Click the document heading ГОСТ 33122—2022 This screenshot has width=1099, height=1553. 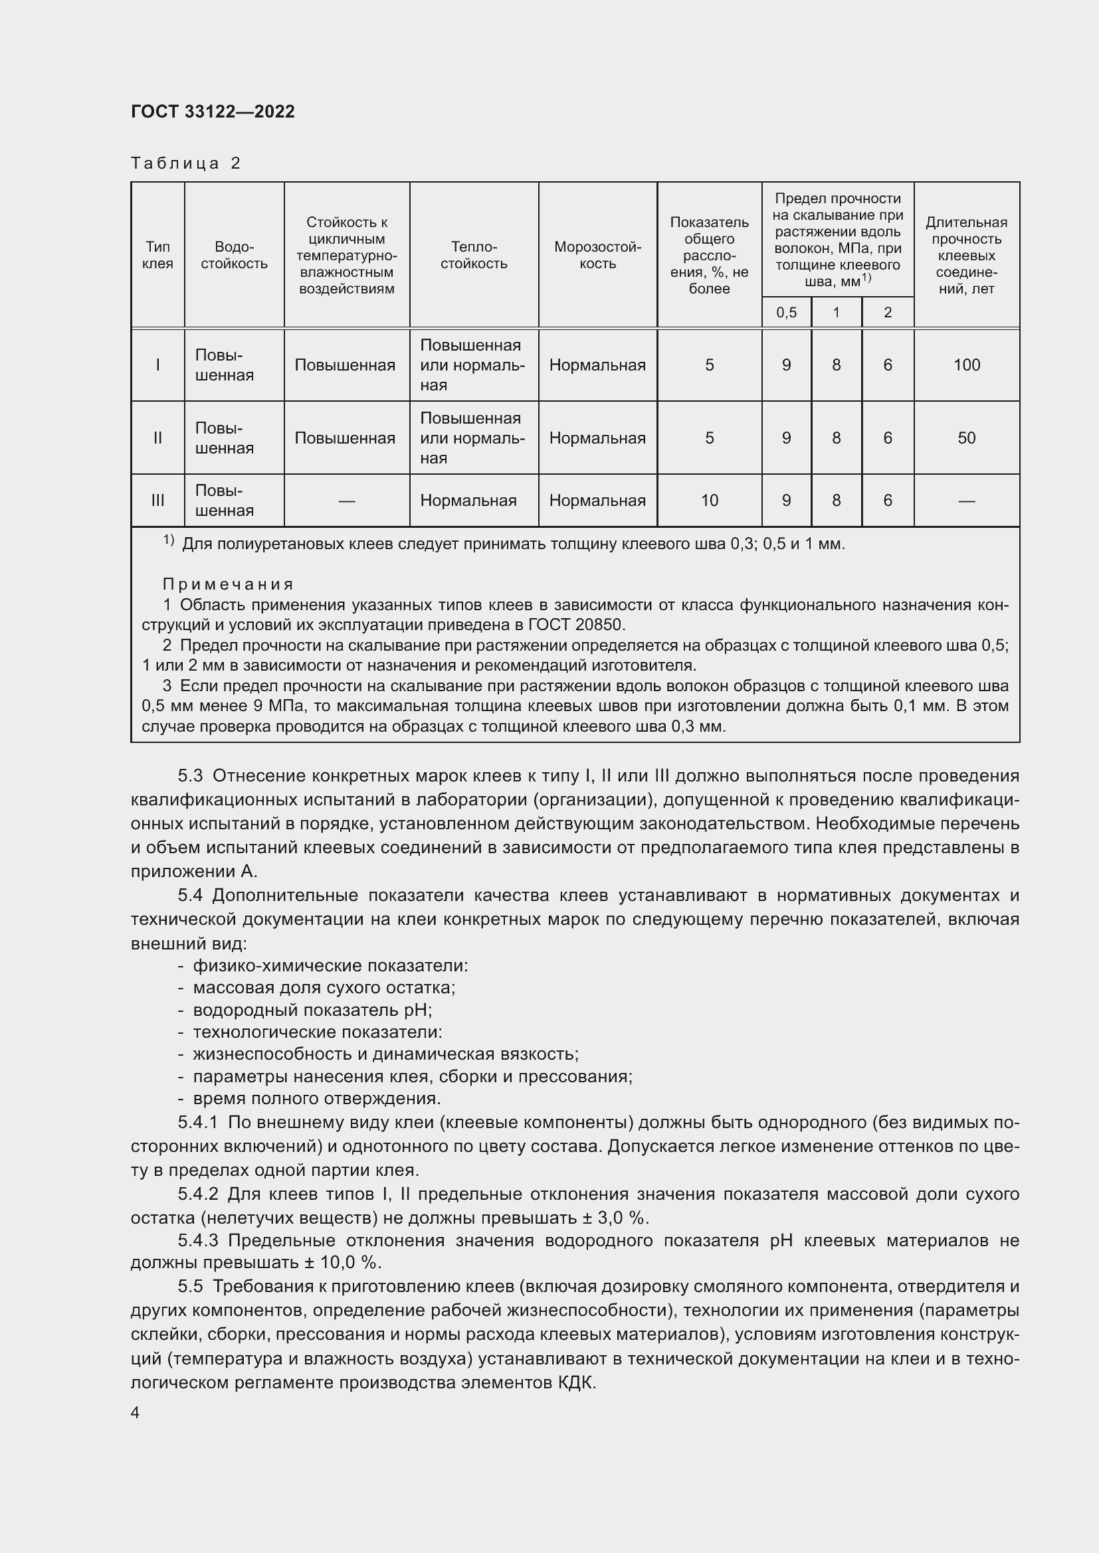[213, 112]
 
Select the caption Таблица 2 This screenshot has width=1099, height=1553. [185, 163]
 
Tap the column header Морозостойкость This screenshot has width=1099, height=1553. [597, 255]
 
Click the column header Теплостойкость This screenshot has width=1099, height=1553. [474, 255]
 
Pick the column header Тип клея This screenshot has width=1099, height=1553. [157, 255]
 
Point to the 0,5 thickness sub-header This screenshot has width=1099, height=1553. [785, 313]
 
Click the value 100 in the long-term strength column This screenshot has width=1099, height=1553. [965, 365]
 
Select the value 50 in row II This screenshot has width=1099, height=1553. [965, 438]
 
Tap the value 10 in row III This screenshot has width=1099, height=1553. [708, 501]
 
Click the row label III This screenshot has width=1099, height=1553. [157, 501]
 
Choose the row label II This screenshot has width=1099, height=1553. [157, 438]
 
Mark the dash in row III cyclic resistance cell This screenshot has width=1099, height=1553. [346, 501]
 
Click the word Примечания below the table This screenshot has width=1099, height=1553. [228, 584]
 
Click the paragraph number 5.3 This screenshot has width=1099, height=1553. [190, 775]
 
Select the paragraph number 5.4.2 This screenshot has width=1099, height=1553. [197, 1194]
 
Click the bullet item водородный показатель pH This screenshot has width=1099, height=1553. [312, 1010]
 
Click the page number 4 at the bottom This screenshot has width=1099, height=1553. [136, 1413]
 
